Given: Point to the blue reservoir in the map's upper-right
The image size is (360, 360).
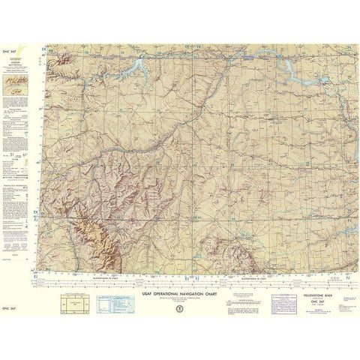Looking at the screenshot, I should [289, 69].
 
